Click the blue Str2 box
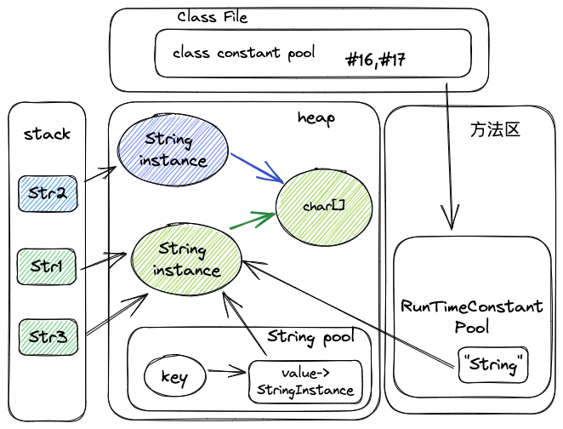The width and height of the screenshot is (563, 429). [48, 194]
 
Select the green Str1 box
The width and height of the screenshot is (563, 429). [48, 266]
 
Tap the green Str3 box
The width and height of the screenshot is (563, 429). [48, 338]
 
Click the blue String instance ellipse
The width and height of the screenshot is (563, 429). [173, 149]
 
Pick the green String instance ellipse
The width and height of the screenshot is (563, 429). [187, 260]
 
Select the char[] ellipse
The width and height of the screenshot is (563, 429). [325, 205]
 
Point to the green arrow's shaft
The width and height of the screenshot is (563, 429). [247, 223]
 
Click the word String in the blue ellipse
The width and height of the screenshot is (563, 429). [168, 139]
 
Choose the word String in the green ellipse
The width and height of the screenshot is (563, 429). [182, 250]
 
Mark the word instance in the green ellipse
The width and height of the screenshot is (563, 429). [187, 271]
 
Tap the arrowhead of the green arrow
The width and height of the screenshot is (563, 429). [270, 214]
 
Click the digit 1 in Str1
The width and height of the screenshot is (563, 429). [59, 266]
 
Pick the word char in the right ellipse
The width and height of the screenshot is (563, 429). [318, 205]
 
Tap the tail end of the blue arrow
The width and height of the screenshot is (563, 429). [233, 155]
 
